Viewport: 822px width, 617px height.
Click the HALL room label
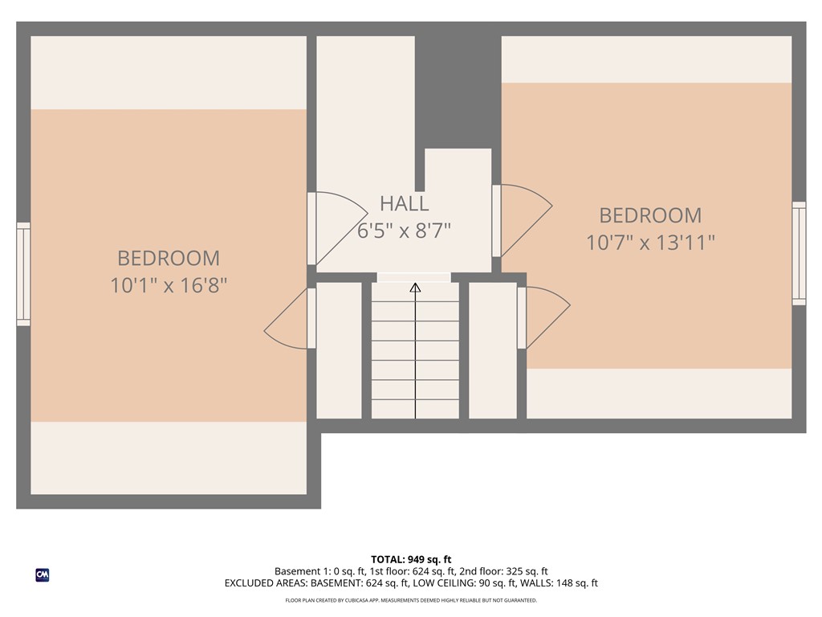tap(405, 203)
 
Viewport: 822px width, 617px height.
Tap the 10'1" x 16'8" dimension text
tap(169, 285)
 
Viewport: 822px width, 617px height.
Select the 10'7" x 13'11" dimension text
tap(650, 243)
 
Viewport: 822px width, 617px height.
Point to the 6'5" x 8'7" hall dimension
tap(405, 231)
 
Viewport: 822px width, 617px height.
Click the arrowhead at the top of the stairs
tap(415, 287)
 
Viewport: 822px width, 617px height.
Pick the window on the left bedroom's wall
tap(23, 274)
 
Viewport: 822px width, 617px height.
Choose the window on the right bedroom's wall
tap(799, 253)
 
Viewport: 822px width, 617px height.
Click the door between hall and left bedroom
tap(337, 228)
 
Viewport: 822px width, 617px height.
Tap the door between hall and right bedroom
tap(522, 220)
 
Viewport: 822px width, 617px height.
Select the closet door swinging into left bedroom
tap(289, 318)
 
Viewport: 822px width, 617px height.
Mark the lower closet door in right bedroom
tap(543, 318)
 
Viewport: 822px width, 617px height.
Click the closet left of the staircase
tap(340, 350)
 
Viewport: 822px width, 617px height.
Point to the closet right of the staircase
tap(493, 350)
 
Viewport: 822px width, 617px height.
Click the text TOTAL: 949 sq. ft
tap(411, 559)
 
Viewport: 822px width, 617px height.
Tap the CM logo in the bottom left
tap(43, 575)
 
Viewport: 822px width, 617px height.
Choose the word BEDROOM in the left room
tap(169, 258)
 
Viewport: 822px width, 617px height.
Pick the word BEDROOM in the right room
tap(650, 215)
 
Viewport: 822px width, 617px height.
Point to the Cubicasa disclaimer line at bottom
tap(411, 600)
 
